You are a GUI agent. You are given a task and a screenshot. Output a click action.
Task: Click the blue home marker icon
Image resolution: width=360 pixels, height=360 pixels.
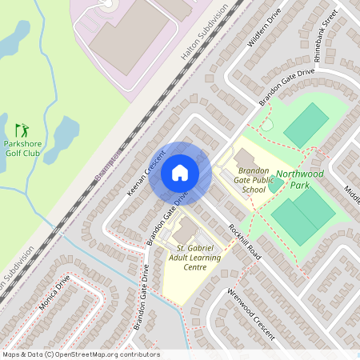(180, 172)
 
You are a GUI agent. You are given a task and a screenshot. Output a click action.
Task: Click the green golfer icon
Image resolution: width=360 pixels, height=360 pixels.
(22, 129)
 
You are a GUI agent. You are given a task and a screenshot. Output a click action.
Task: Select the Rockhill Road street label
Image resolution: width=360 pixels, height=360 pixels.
(245, 239)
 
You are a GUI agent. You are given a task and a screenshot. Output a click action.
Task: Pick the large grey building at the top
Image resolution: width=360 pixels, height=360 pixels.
(128, 36)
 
